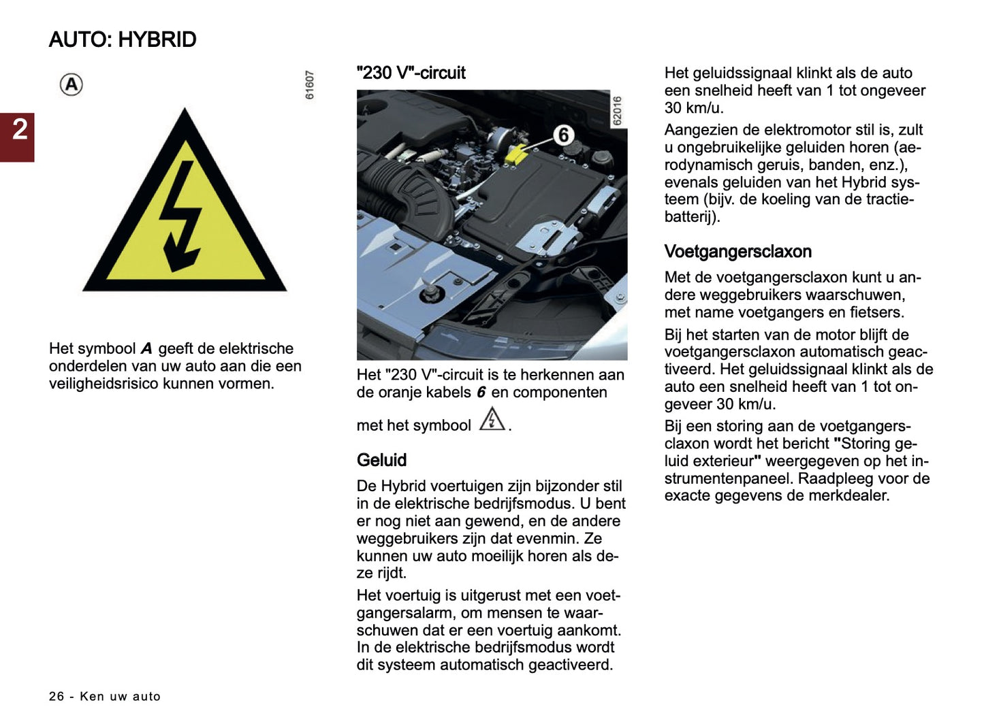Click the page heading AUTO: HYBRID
(x=123, y=39)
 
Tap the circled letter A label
(x=72, y=85)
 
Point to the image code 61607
(x=310, y=85)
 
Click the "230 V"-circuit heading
(x=411, y=73)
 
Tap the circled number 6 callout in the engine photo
(x=563, y=135)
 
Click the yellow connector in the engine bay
(x=515, y=154)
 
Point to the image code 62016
(x=617, y=110)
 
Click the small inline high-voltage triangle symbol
(x=492, y=420)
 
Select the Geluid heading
(x=381, y=460)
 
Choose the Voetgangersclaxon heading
(x=737, y=252)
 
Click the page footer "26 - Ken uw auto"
(x=105, y=696)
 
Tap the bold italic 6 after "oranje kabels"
(x=481, y=393)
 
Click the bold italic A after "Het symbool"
(x=146, y=349)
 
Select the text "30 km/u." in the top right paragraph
(x=694, y=108)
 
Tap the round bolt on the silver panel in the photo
(x=430, y=293)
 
